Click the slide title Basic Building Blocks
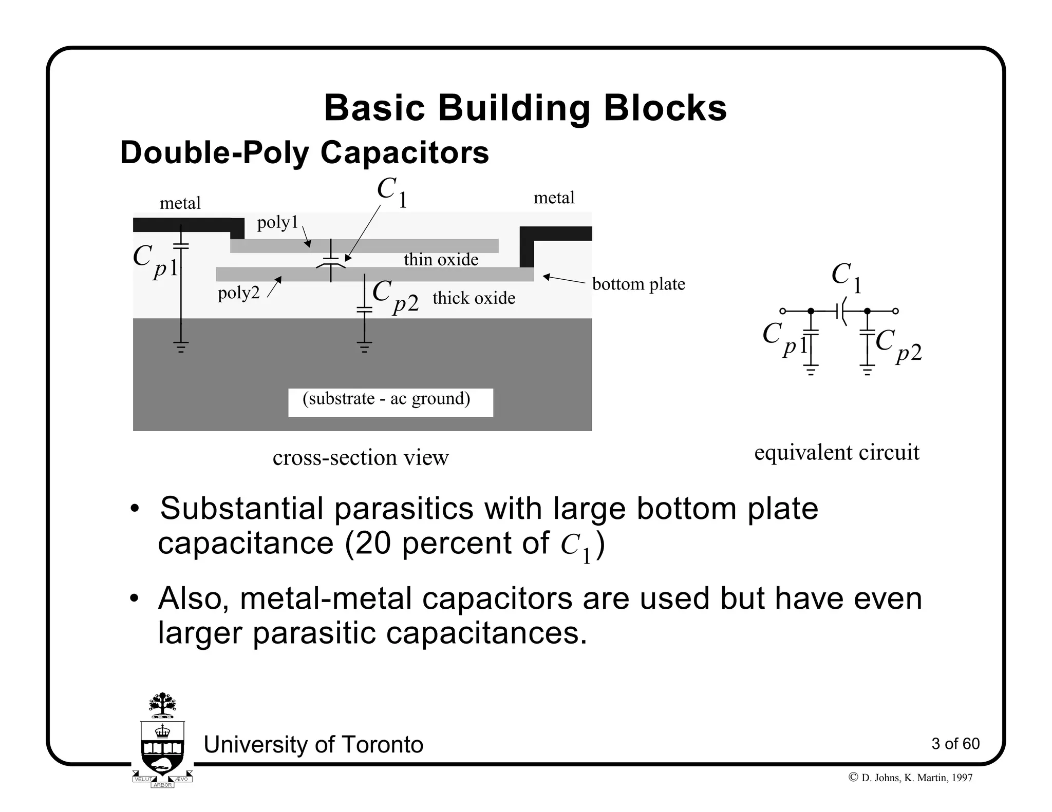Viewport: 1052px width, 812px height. (x=525, y=108)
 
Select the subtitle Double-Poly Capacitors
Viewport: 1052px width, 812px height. (x=304, y=153)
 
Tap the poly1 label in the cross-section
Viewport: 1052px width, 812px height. (x=277, y=223)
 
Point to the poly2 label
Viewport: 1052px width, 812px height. (x=238, y=293)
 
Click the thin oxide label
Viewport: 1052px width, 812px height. (x=441, y=260)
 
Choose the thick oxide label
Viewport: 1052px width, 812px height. (x=474, y=298)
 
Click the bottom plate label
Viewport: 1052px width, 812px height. (x=638, y=284)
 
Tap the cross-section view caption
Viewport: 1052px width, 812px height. (x=361, y=458)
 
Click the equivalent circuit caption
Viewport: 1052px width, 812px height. (x=836, y=453)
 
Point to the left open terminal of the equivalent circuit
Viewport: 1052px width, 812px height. (x=782, y=311)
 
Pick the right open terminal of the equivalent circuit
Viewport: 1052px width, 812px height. (x=896, y=311)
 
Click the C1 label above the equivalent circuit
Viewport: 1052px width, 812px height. (x=846, y=277)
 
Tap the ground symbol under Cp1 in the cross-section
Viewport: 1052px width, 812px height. (x=181, y=347)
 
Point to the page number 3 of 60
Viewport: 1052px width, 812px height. (x=955, y=744)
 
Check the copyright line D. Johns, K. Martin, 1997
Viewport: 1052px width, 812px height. (x=910, y=778)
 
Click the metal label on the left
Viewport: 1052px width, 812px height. (x=180, y=204)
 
